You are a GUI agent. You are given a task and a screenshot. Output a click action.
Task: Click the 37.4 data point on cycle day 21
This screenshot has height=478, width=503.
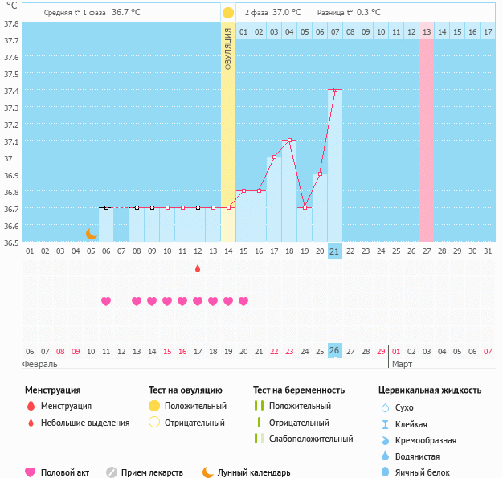click(335, 90)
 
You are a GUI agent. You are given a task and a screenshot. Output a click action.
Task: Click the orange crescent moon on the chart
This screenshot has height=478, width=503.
click(92, 234)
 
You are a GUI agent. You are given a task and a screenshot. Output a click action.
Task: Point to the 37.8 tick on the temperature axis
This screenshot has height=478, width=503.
click(11, 23)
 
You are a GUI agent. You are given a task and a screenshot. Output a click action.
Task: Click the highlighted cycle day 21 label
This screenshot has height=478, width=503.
click(335, 251)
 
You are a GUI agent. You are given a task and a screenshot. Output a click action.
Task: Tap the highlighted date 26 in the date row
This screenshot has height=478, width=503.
click(335, 352)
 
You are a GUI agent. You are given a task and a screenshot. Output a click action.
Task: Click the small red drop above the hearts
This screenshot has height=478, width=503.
click(198, 268)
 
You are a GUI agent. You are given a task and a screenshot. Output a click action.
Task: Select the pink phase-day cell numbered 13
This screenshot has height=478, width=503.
click(426, 31)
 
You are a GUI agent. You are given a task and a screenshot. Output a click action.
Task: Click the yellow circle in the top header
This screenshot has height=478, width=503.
click(228, 13)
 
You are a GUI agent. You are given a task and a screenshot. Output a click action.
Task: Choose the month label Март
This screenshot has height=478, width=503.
click(402, 364)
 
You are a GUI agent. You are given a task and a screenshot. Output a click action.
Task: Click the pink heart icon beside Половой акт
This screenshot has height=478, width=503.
click(31, 473)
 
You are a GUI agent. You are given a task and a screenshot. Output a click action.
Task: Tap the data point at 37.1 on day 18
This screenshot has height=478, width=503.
click(289, 141)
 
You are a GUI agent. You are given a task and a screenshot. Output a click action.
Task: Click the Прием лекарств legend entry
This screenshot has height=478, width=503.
click(152, 473)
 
